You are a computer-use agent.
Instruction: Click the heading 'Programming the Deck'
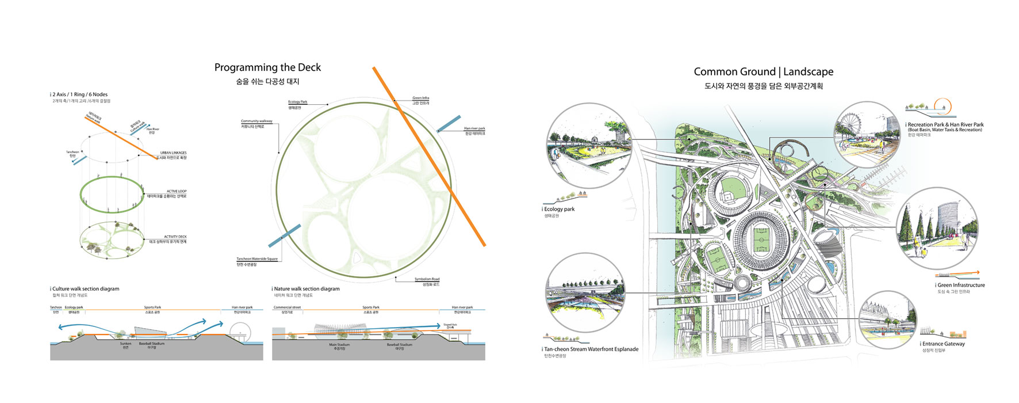click(267, 67)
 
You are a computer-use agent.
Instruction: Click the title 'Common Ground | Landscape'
click(763, 72)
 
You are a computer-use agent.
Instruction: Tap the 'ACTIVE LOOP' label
click(177, 191)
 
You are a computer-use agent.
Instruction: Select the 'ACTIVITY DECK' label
click(175, 237)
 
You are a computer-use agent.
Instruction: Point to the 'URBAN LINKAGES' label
click(173, 153)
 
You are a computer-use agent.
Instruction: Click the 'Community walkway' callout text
click(256, 121)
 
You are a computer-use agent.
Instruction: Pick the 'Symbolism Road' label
click(427, 279)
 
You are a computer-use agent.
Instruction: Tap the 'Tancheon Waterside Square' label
click(257, 259)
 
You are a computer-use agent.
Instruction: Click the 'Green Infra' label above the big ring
click(420, 98)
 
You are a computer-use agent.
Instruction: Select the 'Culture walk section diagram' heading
click(86, 289)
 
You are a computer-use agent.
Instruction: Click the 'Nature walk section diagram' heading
click(307, 289)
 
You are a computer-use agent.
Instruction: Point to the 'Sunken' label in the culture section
click(125, 344)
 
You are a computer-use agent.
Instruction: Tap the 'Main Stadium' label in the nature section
click(339, 345)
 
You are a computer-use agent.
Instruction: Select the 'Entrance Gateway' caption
click(944, 344)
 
